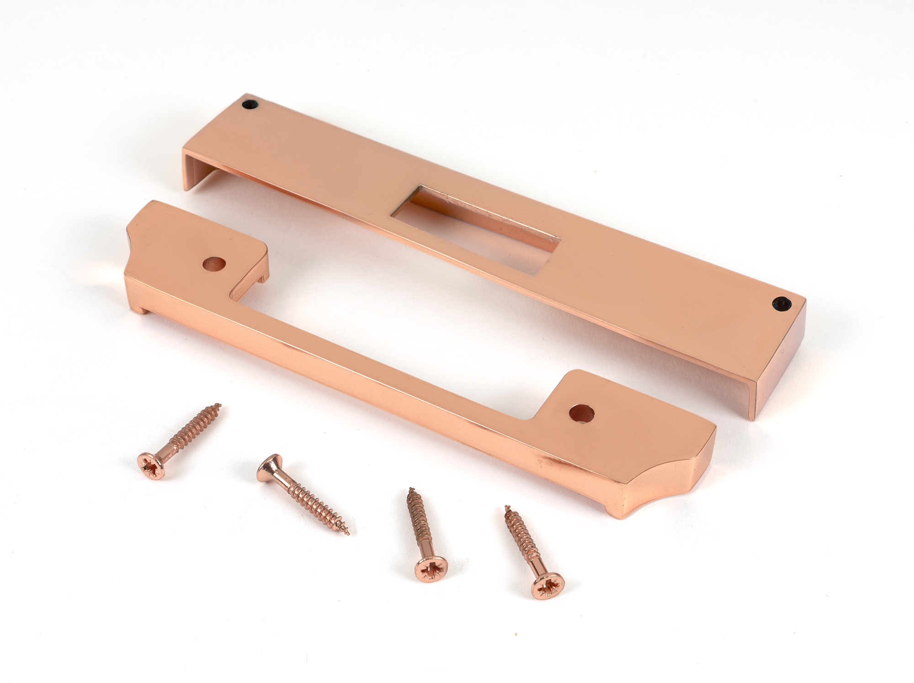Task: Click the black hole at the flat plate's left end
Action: tap(250, 104)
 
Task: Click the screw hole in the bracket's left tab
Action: tap(214, 265)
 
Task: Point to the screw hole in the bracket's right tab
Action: tap(582, 413)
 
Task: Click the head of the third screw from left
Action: tap(430, 569)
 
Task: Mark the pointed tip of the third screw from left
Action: tap(410, 489)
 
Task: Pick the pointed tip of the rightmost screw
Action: tap(506, 507)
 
